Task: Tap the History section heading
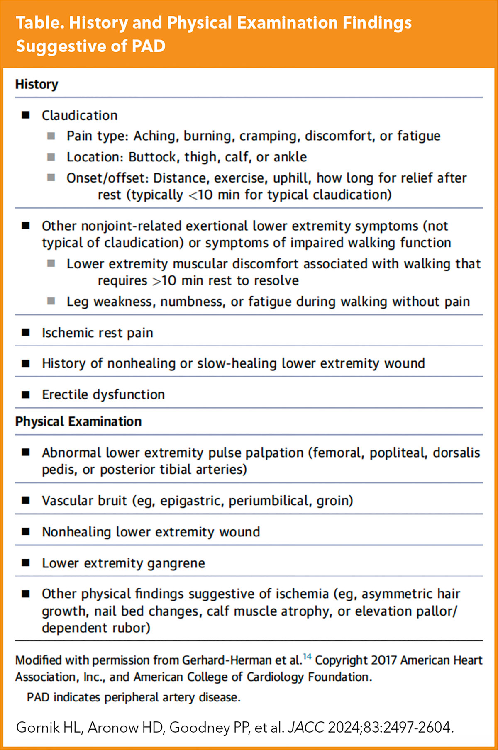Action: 37,84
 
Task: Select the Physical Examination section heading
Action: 78,421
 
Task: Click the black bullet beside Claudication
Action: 26,115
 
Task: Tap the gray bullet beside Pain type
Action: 51,136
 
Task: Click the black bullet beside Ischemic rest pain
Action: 26,332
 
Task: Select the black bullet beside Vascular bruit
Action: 26,500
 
